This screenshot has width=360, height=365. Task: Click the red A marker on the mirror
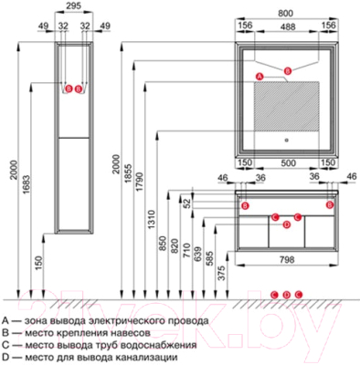(259, 73)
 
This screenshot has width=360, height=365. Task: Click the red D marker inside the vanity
(287, 224)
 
